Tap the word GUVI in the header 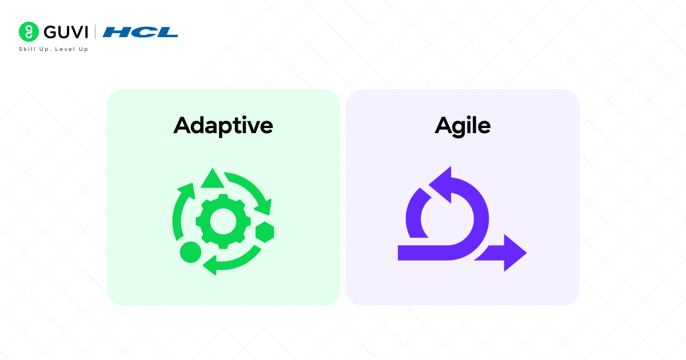pyautogui.click(x=63, y=31)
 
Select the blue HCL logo pyautogui.click(x=141, y=32)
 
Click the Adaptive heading pyautogui.click(x=223, y=126)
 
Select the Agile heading pyautogui.click(x=462, y=126)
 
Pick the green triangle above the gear pyautogui.click(x=212, y=179)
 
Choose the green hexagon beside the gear pyautogui.click(x=264, y=231)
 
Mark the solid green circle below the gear pyautogui.click(x=190, y=251)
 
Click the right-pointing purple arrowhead pyautogui.click(x=513, y=253)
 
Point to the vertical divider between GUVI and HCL pyautogui.click(x=95, y=31)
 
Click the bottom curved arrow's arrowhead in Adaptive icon pyautogui.click(x=210, y=264)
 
